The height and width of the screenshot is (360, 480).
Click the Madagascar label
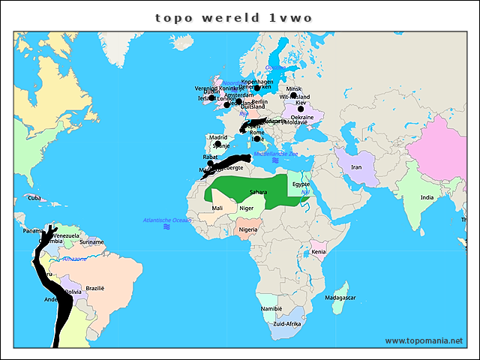pos(340,298)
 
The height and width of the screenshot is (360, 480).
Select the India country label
pos(427,197)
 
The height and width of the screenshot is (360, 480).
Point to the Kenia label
pos(319,251)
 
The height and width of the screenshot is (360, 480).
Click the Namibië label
pos(271,308)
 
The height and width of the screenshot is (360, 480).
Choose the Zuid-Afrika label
pos(287,324)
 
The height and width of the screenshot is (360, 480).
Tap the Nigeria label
pos(248,229)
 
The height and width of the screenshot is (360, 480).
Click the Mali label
pos(217,208)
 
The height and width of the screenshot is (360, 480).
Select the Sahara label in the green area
pos(258,193)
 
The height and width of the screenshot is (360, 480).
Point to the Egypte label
pos(301,184)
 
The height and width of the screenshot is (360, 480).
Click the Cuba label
pos(34,198)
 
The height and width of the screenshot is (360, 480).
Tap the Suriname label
pos(91,242)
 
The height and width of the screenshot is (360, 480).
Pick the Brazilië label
pos(95,288)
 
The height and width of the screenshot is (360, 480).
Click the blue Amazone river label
pos(74,259)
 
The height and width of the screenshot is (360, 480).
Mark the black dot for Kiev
pos(301,109)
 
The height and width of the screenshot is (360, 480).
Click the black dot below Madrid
pos(217,144)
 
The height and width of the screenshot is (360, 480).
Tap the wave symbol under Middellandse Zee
pos(275,161)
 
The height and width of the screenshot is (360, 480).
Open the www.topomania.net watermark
pos(424,340)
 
